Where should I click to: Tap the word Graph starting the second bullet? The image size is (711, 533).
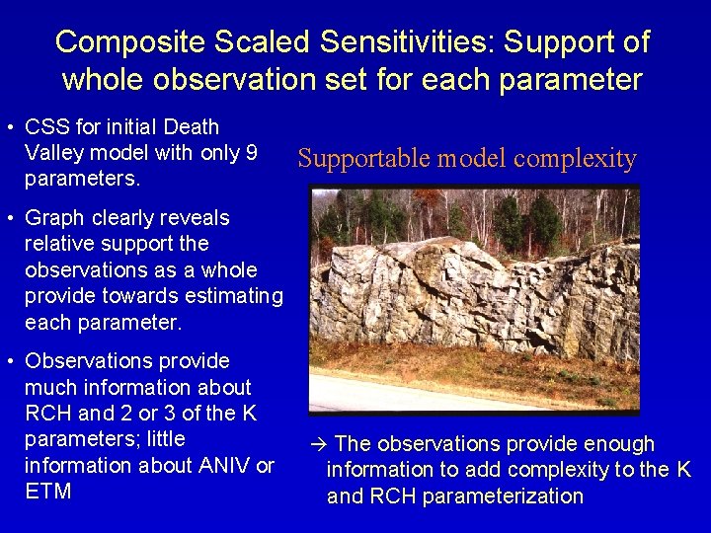55,218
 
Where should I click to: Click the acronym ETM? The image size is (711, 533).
47,492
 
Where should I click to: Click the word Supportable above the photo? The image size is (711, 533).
362,159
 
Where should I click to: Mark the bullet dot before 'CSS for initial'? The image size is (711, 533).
8,128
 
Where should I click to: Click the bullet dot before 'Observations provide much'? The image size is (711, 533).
8,362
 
